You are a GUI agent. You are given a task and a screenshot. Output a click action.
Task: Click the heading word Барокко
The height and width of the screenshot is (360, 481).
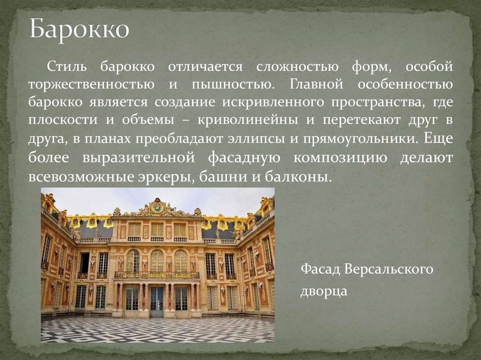click(x=79, y=30)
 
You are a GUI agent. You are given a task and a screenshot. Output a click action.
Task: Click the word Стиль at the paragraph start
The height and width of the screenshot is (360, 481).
click(x=66, y=67)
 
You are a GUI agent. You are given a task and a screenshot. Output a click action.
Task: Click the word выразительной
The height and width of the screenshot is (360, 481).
click(x=138, y=158)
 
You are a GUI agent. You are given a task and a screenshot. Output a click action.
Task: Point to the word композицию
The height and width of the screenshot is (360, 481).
click(x=341, y=158)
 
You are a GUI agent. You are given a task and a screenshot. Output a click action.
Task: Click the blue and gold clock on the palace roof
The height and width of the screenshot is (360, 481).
click(x=157, y=207)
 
